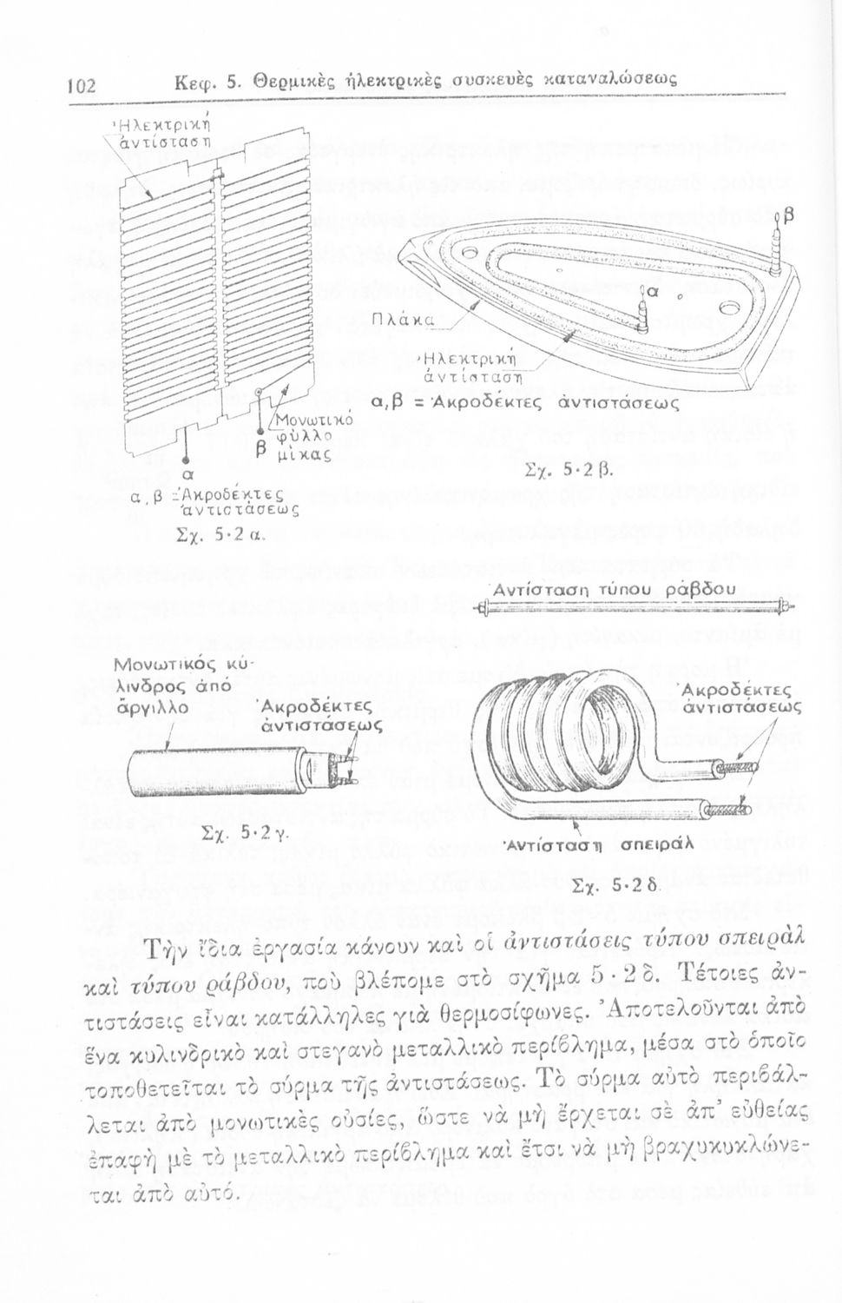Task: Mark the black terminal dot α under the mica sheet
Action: pyautogui.click(x=185, y=461)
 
